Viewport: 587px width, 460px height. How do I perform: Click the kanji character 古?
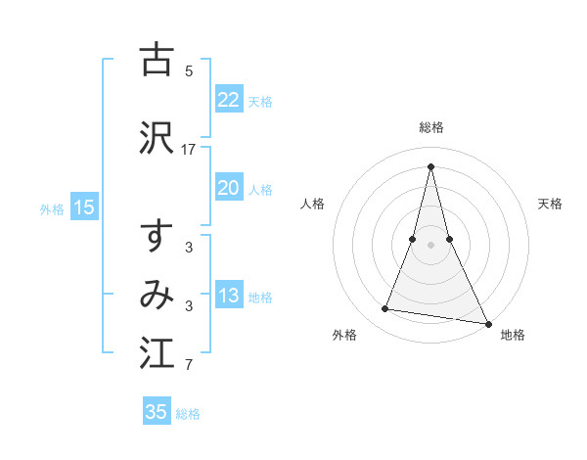[x=157, y=60]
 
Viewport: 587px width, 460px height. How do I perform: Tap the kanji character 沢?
[x=157, y=137]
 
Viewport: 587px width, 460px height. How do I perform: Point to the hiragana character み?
[x=157, y=295]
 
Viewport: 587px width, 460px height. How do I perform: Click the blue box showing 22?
[x=228, y=100]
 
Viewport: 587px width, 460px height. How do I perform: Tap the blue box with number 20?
[x=228, y=188]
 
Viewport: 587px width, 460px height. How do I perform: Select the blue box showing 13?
[x=228, y=296]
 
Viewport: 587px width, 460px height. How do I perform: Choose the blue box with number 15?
[x=84, y=207]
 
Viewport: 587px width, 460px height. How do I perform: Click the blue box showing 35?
[x=157, y=412]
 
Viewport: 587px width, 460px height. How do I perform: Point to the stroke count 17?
[x=189, y=149]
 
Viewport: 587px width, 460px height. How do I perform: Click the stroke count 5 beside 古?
[x=189, y=70]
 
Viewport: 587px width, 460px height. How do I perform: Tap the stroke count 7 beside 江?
[x=189, y=366]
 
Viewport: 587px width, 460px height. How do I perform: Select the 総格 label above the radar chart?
[x=431, y=127]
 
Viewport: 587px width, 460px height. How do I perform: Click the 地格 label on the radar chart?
[x=513, y=335]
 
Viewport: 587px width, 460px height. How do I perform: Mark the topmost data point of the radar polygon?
[x=431, y=166]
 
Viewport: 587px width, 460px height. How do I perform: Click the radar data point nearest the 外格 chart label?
[x=385, y=309]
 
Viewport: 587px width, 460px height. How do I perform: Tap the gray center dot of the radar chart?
[x=431, y=245]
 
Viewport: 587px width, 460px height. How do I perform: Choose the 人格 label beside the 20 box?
[x=260, y=190]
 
